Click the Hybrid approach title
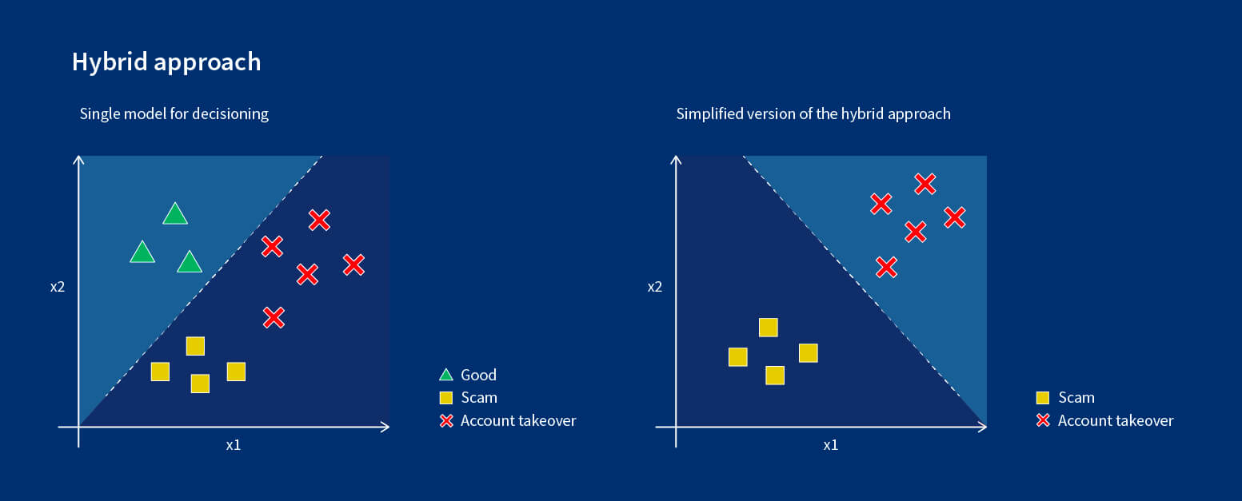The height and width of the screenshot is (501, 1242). click(166, 62)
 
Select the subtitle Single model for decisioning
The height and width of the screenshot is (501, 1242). click(174, 113)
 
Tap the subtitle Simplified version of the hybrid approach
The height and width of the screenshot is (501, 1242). click(813, 113)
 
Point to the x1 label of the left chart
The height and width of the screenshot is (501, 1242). click(233, 445)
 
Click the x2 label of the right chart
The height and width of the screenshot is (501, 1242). click(655, 286)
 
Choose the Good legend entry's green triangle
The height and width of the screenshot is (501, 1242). click(446, 375)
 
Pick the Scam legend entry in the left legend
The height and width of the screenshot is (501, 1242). click(478, 397)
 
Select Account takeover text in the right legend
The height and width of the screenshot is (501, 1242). click(1115, 420)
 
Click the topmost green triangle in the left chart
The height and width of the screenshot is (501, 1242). click(174, 214)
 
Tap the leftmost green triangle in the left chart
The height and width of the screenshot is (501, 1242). click(142, 252)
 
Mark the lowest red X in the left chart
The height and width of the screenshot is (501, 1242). click(274, 317)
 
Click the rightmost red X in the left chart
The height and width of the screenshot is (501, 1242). click(353, 264)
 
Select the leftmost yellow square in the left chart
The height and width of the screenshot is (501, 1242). click(160, 372)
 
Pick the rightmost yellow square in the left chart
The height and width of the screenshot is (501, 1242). click(236, 372)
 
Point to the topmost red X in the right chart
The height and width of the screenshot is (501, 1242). click(925, 185)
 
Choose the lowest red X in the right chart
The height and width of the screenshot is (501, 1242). click(885, 267)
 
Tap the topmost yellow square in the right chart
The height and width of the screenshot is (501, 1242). click(768, 328)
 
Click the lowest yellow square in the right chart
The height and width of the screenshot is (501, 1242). click(774, 376)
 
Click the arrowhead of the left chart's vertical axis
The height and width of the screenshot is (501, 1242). click(78, 160)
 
